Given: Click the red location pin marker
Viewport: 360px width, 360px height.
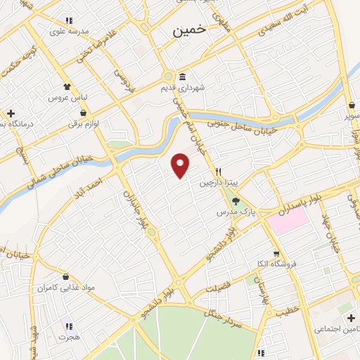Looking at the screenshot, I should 181,165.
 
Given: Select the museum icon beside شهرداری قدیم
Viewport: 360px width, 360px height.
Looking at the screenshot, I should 182,77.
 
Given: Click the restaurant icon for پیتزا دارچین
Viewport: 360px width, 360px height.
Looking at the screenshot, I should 219,172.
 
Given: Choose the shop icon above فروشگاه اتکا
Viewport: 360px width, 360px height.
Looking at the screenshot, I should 276,254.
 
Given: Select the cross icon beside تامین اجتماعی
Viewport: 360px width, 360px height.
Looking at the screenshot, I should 352,319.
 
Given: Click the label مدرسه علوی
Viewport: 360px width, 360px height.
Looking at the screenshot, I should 67,31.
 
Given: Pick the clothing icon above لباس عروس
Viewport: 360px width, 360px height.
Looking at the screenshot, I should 67,87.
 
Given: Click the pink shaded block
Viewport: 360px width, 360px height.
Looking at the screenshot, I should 286,220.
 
